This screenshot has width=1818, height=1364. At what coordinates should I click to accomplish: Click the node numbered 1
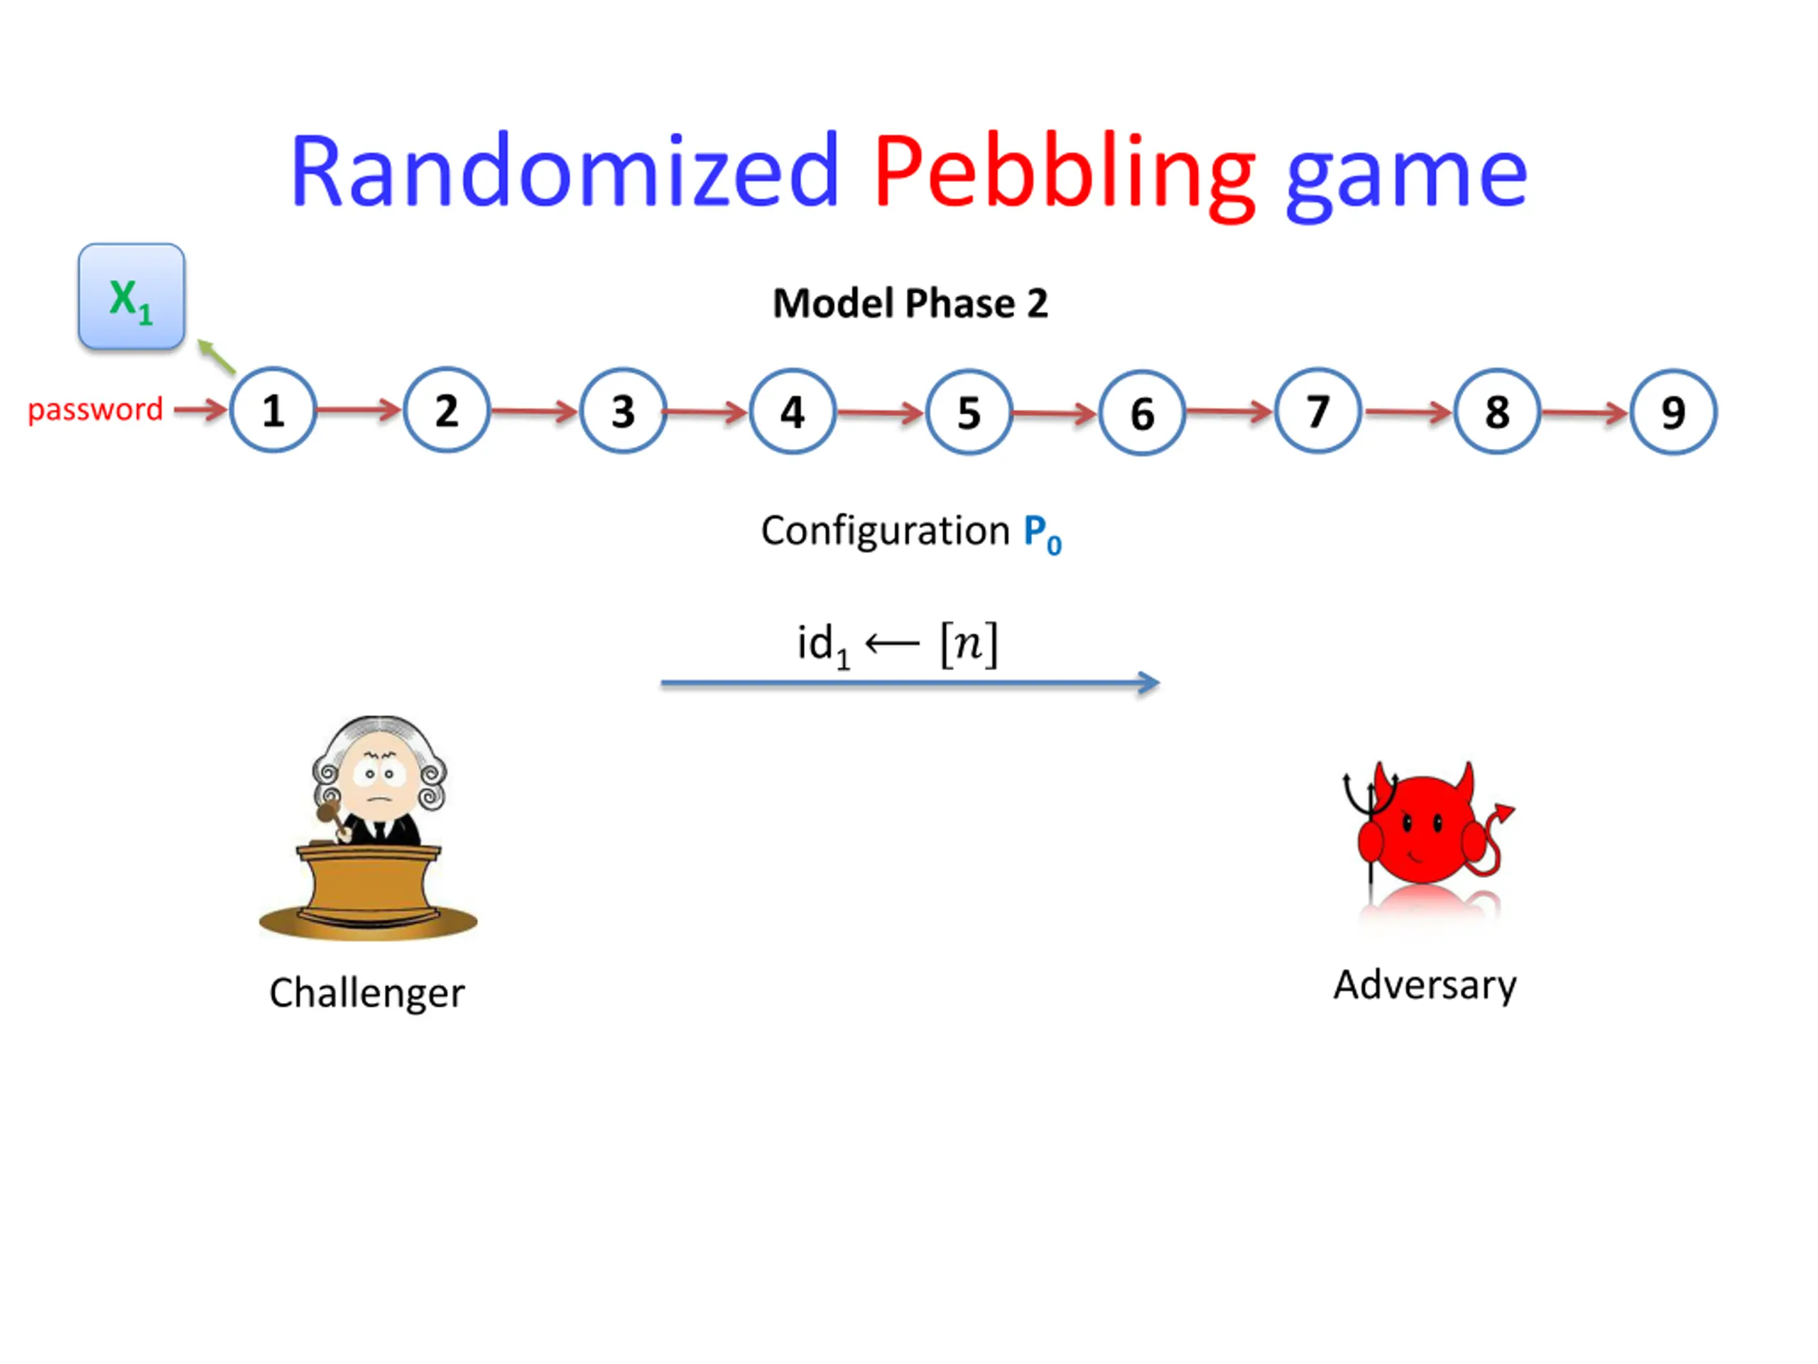pos(273,409)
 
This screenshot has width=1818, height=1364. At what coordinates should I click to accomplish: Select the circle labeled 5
pos(968,412)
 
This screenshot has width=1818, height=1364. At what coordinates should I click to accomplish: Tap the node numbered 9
pos(1672,412)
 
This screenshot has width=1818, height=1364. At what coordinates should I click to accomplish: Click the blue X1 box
pos(131,296)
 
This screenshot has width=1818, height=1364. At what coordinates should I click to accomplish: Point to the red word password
pos(95,409)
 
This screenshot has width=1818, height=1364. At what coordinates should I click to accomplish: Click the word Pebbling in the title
pos(1064,173)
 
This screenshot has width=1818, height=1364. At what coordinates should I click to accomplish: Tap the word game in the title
pos(1405,177)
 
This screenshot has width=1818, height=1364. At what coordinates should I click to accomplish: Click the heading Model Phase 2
pos(910,303)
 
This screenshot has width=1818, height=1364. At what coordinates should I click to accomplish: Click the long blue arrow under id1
pos(909,683)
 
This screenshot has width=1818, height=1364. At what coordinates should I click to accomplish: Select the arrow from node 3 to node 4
pos(706,411)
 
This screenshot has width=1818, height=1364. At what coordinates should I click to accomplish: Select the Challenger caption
pos(366,993)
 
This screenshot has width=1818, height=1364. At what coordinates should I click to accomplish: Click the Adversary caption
pos(1425,985)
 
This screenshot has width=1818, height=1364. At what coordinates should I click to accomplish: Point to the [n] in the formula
pos(969,644)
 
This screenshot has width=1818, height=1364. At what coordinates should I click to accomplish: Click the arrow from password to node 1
pos(200,408)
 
